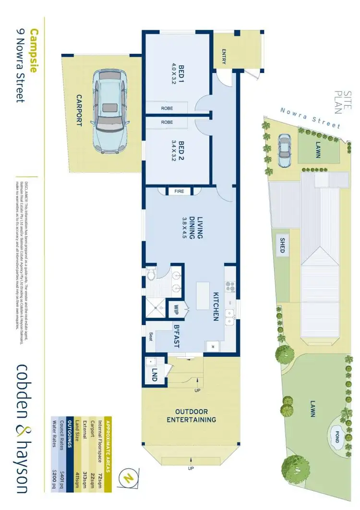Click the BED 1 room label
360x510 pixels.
click(x=179, y=74)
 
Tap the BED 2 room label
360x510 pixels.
click(x=179, y=151)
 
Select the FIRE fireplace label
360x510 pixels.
click(x=179, y=191)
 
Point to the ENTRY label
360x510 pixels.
click(x=224, y=56)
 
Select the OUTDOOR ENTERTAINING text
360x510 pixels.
click(x=191, y=416)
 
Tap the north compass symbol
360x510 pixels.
click(x=128, y=477)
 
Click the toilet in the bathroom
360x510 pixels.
click(x=151, y=275)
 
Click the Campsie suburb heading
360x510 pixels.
click(x=34, y=50)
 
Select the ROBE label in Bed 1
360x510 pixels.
click(x=167, y=109)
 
